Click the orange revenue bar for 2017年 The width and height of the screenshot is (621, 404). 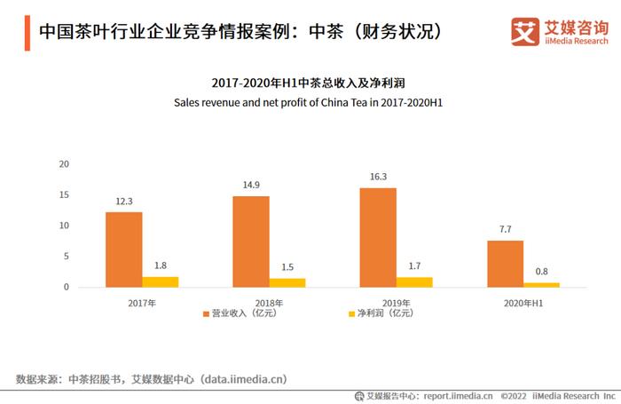pyautogui.click(x=124, y=250)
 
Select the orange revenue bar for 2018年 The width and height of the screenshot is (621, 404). pyautogui.click(x=251, y=242)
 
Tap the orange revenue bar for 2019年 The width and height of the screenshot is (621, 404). pyautogui.click(x=378, y=237)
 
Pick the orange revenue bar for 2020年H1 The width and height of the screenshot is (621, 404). pyautogui.click(x=505, y=264)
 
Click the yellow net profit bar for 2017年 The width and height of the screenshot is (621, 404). pyautogui.click(x=161, y=281)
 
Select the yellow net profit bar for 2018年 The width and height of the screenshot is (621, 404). pyautogui.click(x=287, y=282)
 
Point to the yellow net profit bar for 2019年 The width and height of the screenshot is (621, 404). pyautogui.click(x=414, y=281)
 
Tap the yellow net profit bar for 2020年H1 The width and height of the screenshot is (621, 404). pyautogui.click(x=541, y=284)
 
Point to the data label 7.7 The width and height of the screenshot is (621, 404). pyautogui.click(x=505, y=230)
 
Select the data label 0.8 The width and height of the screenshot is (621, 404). pyautogui.click(x=541, y=272)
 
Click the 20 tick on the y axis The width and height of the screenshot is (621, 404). pyautogui.click(x=64, y=164)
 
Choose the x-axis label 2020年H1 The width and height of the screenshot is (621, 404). pyautogui.click(x=523, y=303)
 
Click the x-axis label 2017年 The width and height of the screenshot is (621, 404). pyautogui.click(x=142, y=303)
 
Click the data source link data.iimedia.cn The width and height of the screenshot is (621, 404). pyautogui.click(x=243, y=379)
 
